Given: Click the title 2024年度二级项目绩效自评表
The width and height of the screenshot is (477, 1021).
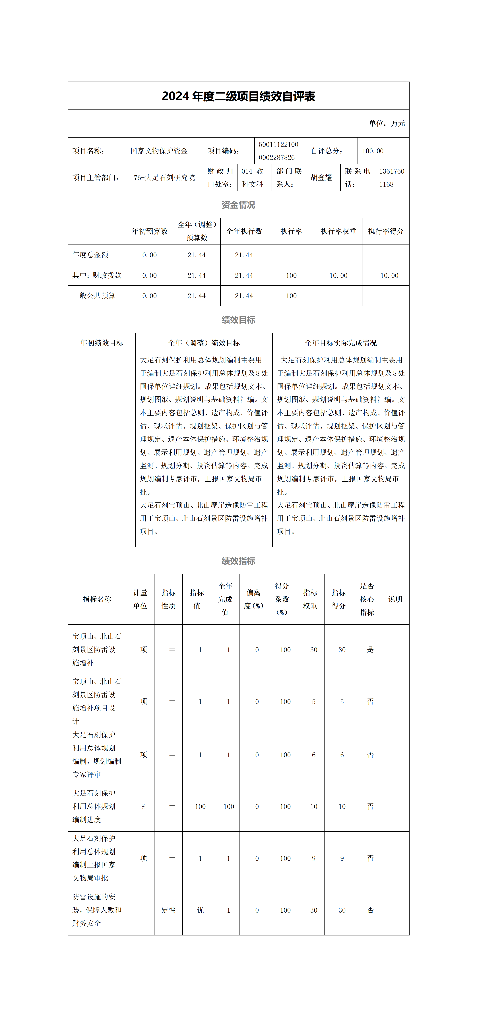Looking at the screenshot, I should [x=238, y=96].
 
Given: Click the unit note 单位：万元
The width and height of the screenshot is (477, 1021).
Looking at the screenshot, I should [x=387, y=124].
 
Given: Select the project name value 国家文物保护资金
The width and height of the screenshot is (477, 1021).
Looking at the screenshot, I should [x=159, y=151].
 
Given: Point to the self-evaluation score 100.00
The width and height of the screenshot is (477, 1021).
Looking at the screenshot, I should [x=373, y=151].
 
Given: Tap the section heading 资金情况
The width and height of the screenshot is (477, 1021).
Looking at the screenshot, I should [x=238, y=205].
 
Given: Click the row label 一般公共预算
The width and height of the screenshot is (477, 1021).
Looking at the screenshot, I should [x=94, y=296].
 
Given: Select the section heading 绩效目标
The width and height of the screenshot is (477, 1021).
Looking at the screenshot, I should [x=238, y=320].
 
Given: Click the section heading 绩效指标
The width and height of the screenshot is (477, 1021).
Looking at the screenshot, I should [x=238, y=561].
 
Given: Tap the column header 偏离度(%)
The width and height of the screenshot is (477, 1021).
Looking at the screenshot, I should [x=253, y=599].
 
